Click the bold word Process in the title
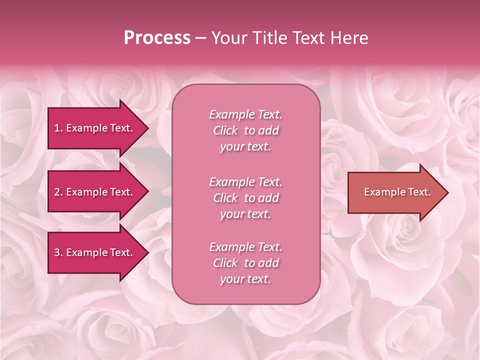pos(157,38)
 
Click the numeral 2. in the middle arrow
pos(58,192)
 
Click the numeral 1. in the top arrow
pos(58,128)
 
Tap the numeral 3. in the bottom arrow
pos(58,252)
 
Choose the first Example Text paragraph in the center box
pos(245,130)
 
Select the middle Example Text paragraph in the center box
pos(245,198)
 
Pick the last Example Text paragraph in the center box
pos(245,263)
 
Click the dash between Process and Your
pos(200,38)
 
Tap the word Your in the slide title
pos(228,38)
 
